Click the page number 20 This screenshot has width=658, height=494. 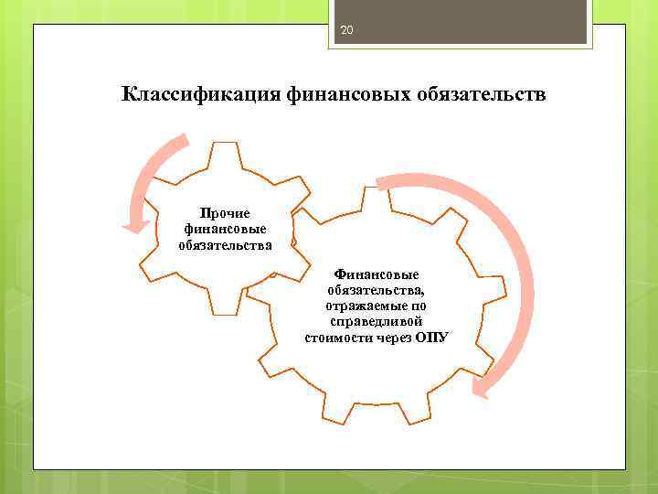pos(345,31)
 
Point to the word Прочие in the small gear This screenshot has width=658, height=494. pos(225,213)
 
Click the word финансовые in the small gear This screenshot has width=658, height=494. pos(225,229)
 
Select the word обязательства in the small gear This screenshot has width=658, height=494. pos(225,244)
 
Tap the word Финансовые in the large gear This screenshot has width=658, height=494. pos(377,274)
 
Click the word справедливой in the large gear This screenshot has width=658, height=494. pos(377,321)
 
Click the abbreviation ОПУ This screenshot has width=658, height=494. pos(431,337)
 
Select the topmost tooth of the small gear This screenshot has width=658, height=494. pos(225,152)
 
